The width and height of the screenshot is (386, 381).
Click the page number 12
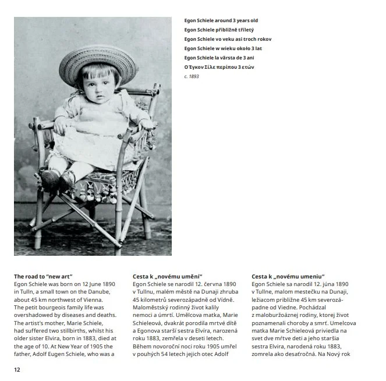[17, 369]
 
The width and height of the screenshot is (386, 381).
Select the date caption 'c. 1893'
[192, 76]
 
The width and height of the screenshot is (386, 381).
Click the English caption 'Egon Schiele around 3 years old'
[221, 20]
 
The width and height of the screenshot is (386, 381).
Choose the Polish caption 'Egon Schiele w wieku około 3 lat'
[223, 48]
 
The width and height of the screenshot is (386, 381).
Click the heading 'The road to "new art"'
[43, 276]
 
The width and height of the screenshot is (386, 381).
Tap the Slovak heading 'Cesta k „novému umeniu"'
[288, 276]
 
